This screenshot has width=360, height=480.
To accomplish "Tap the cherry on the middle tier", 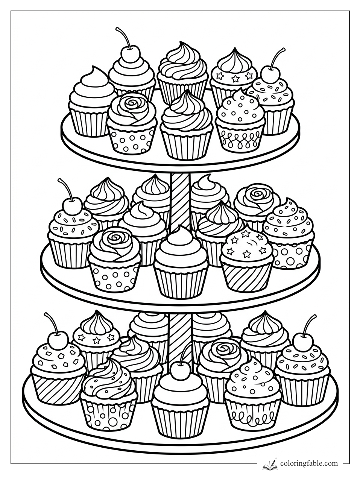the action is point(73,205).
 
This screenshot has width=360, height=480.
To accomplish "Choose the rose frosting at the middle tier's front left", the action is point(114,246).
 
